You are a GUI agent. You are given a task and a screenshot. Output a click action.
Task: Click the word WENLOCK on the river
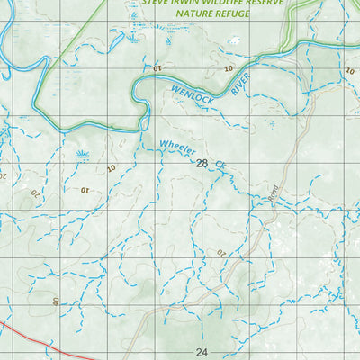click(192, 93)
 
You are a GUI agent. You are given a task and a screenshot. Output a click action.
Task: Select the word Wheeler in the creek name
click(177, 145)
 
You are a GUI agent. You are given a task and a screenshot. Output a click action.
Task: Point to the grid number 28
click(201, 164)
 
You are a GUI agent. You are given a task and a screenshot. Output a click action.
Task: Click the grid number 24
click(201, 353)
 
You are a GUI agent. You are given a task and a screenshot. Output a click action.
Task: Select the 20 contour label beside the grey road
click(220, 255)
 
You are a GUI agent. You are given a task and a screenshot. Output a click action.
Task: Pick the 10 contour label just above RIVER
click(229, 68)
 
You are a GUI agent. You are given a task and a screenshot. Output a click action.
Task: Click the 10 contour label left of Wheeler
click(111, 168)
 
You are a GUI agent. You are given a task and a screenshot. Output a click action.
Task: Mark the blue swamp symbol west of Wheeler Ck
click(83, 155)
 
